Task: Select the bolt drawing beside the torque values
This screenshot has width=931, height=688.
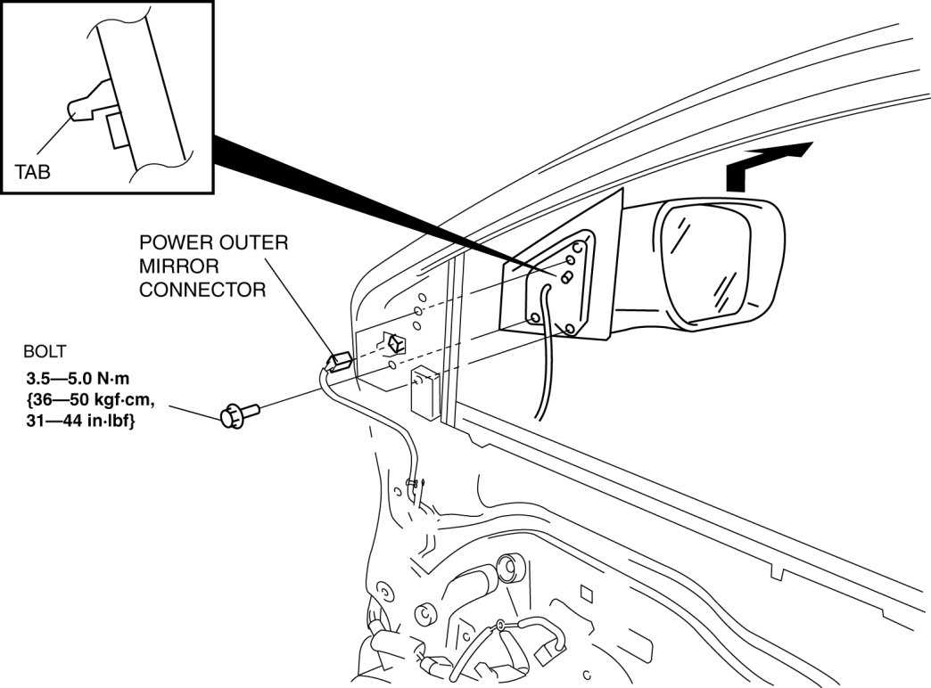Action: (236, 414)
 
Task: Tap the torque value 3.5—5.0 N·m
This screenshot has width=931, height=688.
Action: (78, 380)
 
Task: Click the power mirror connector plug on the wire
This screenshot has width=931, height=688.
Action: (338, 362)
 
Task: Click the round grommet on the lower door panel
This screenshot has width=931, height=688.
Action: (510, 567)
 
